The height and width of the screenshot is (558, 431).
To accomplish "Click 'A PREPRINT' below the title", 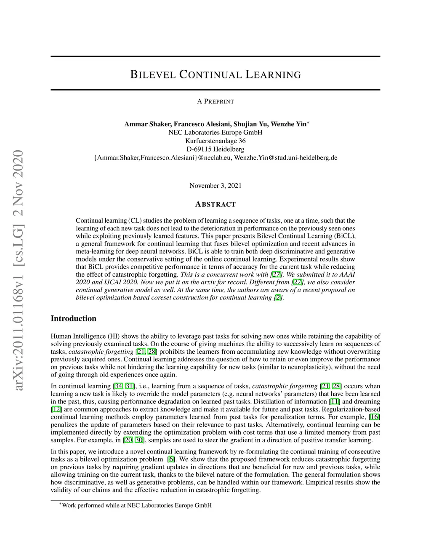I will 215,101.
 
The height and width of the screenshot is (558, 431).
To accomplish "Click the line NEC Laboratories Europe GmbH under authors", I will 215,132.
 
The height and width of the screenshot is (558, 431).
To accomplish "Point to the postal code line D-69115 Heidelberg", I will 215,149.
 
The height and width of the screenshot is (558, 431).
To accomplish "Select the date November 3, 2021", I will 215,186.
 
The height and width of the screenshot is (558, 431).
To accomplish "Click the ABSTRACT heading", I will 215,204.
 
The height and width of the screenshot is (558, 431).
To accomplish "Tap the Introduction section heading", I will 73,318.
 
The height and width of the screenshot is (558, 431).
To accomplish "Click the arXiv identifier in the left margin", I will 18,270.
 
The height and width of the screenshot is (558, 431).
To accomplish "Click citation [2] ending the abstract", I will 278,298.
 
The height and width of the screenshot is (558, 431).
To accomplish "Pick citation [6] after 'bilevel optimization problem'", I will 171,459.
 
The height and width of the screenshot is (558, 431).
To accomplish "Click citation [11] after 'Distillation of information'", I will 335,401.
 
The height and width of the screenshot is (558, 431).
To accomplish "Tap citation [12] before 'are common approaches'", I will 56,409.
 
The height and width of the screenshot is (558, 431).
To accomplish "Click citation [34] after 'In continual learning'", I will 118,386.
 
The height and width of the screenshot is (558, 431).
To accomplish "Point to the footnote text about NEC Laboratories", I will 136,505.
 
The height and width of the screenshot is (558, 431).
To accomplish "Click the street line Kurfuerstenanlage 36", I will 215,141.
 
